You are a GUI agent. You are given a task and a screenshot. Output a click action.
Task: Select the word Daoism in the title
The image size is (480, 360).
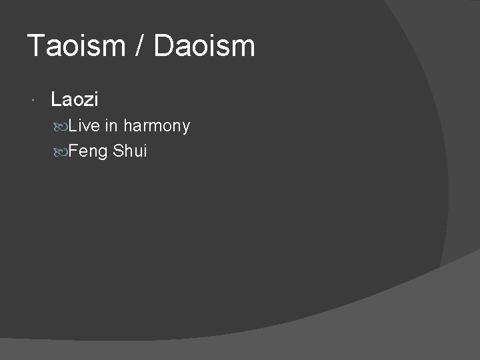tap(204, 46)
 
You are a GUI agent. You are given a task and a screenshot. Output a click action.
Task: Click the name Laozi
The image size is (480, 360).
tap(75, 100)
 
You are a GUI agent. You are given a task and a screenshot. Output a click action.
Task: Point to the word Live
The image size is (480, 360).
tap(84, 125)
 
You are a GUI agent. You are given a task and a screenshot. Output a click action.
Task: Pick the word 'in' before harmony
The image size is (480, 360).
tap(111, 125)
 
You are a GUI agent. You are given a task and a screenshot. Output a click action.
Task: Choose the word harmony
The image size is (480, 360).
tap(157, 127)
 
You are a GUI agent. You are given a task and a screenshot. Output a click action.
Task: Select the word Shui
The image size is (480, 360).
tap(130, 151)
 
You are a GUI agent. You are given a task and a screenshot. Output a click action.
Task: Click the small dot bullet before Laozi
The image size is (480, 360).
tap(33, 101)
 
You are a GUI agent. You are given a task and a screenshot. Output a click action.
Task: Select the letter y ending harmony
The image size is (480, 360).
tap(185, 128)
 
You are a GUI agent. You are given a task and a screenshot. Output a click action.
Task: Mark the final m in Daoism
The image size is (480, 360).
tap(243, 48)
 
